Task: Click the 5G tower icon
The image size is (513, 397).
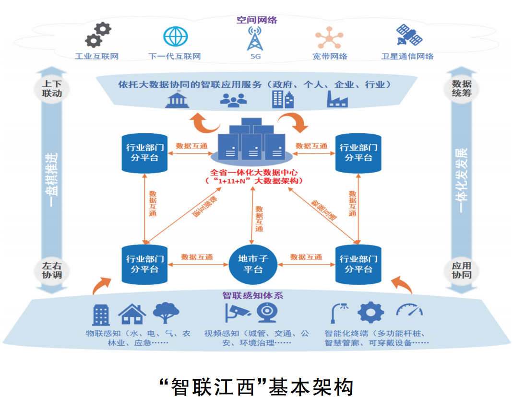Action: (254, 38)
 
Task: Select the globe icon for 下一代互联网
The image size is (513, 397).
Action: (175, 36)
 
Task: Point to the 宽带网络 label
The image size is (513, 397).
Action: (330, 56)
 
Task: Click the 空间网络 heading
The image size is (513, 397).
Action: (257, 20)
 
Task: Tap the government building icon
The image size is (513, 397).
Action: (177, 100)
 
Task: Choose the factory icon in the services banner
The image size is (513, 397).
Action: (337, 99)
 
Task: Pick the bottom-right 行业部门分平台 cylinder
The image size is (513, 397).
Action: (359, 264)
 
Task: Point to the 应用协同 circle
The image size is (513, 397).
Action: (461, 270)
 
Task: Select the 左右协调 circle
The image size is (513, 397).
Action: (49, 270)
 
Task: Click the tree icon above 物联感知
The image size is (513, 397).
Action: (167, 313)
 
